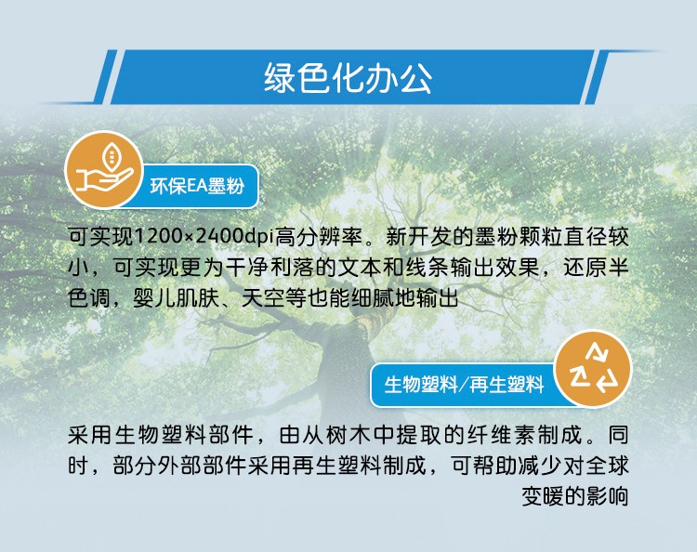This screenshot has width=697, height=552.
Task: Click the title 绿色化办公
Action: pos(348,78)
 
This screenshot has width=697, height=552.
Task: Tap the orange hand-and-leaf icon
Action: pos(103,169)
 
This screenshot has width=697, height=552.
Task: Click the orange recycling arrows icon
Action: pos(594,368)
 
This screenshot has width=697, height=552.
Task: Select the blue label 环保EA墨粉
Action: pos(197,186)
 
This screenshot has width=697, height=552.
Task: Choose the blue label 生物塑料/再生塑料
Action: pos(464,384)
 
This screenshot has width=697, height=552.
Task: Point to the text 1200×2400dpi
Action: pos(204,236)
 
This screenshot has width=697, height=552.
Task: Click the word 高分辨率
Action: pos(318,236)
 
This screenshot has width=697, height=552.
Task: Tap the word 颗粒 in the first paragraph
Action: pos(541,236)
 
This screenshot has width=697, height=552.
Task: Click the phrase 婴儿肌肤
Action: pos(177,297)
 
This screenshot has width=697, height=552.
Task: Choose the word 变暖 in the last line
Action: pos(543,496)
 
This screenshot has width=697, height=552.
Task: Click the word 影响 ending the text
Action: pos(607,496)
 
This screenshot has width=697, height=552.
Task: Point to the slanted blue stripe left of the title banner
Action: pos(104,76)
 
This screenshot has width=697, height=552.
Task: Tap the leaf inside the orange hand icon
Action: pos(112,155)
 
